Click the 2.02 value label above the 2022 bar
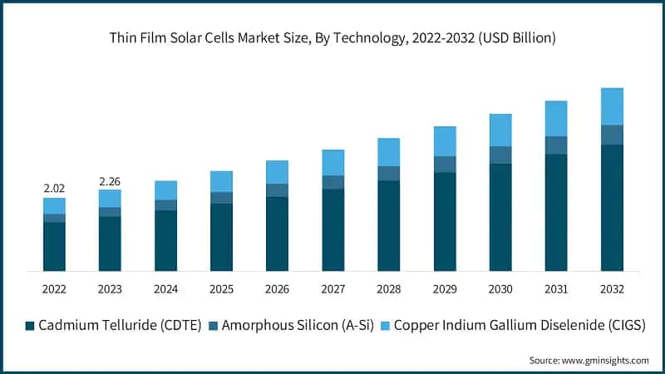point(54,189)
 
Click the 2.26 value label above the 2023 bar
point(110,181)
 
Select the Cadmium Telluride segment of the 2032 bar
point(612,208)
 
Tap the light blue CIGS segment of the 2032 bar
point(612,106)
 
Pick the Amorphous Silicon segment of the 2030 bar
point(500,155)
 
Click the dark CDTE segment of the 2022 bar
point(54,246)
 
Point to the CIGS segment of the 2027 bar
point(332,163)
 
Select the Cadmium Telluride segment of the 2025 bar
point(221,237)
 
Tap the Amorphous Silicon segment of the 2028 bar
point(388,173)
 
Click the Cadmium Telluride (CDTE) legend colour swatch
point(31,326)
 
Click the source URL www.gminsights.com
point(605,360)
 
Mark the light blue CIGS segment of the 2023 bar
point(110,198)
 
